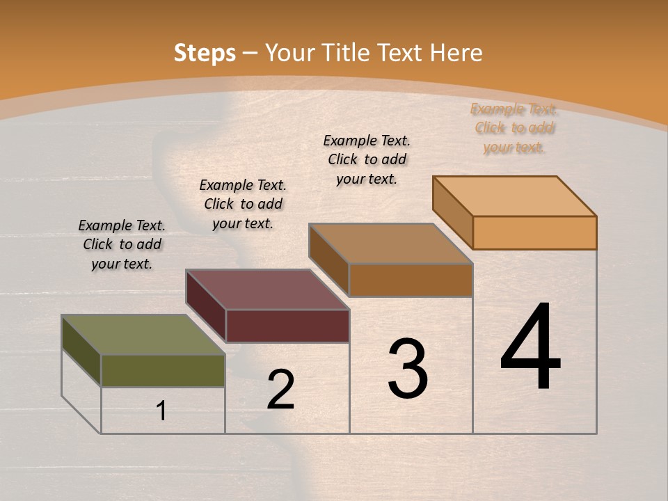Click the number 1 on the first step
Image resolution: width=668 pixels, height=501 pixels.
point(161,411)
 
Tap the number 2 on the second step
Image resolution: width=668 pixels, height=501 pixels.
point(280,390)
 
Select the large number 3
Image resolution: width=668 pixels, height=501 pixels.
point(408,369)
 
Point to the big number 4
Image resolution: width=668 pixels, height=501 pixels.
point(530,348)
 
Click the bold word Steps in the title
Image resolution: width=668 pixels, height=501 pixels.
point(205,53)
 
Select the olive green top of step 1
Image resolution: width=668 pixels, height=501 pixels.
point(143,335)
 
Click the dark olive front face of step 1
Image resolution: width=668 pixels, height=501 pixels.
point(163,370)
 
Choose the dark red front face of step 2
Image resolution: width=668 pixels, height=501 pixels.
point(287,326)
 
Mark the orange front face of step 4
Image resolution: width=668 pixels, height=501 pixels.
point(534,232)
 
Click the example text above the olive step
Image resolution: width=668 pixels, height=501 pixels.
point(122,244)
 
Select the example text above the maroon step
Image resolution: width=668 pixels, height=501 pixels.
point(243,204)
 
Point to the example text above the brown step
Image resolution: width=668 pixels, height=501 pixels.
point(367,159)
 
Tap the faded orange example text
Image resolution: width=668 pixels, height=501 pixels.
point(514,128)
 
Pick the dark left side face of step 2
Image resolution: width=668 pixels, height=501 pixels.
point(205,305)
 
